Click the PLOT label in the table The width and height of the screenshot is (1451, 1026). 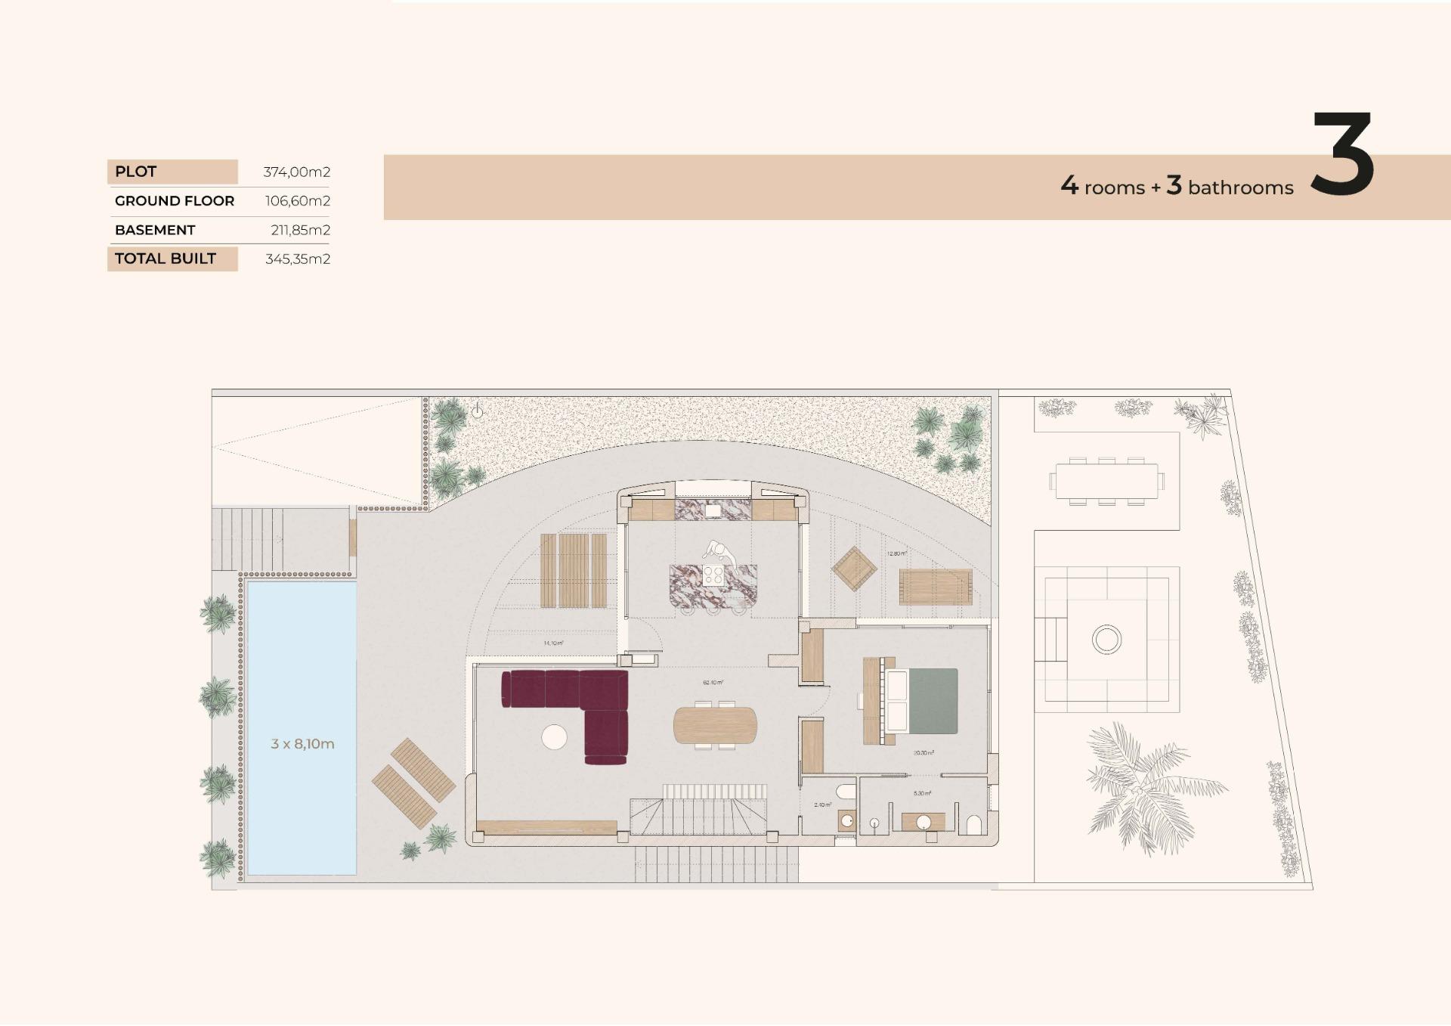pyautogui.click(x=136, y=172)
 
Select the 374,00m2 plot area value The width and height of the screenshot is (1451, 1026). pyautogui.click(x=296, y=172)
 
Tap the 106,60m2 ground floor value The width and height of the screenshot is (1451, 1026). pyautogui.click(x=297, y=201)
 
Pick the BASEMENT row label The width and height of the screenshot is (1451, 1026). pyautogui.click(x=155, y=230)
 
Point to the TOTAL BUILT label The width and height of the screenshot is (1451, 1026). pyautogui.click(x=166, y=259)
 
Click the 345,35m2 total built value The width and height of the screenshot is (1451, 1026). pyautogui.click(x=297, y=259)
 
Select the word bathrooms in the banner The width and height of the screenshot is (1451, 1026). pyautogui.click(x=1240, y=188)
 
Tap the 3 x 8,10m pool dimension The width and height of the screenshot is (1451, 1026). pyautogui.click(x=302, y=744)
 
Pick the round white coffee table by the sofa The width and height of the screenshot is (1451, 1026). pyautogui.click(x=554, y=736)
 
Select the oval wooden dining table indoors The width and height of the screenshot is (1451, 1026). pyautogui.click(x=714, y=725)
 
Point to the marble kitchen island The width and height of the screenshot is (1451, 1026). pyautogui.click(x=713, y=585)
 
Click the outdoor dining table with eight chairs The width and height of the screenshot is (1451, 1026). pyautogui.click(x=1106, y=481)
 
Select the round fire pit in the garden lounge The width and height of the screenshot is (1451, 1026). pyautogui.click(x=1106, y=640)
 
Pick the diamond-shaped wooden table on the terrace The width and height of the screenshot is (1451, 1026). pyautogui.click(x=854, y=569)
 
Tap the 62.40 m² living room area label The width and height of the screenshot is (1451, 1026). pyautogui.click(x=713, y=683)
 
